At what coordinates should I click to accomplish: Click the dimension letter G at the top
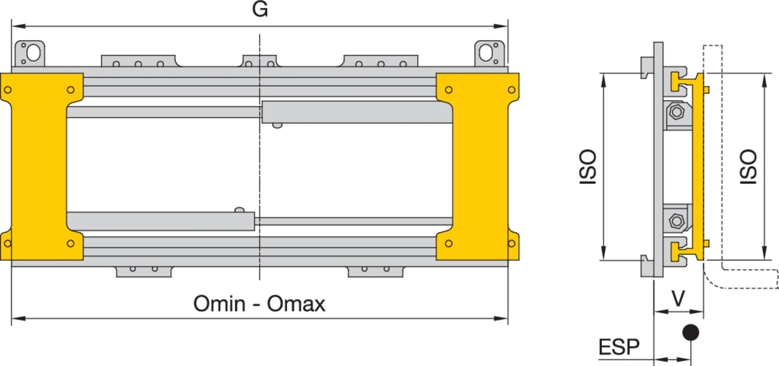pos(260,9)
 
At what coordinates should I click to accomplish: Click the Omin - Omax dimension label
pos(259,304)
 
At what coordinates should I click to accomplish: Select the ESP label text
pos(619,347)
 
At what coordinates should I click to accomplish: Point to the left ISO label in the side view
pos(588,167)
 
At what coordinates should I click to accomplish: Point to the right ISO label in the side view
pos(748,167)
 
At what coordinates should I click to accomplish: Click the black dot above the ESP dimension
pos(691,332)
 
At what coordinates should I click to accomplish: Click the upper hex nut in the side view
pos(676,112)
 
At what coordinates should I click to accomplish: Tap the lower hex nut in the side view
pos(676,221)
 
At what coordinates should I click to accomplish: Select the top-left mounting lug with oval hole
pos(30,54)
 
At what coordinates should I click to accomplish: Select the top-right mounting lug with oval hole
pos(490,54)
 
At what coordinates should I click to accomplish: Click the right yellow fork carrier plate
pos(478,167)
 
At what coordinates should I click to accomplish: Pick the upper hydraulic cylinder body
pos(357,112)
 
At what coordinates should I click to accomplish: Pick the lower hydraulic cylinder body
pos(160,221)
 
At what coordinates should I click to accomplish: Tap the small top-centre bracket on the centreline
pos(260,61)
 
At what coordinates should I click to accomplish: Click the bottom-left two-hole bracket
pos(144,271)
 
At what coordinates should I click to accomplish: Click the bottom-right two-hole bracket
pos(375,271)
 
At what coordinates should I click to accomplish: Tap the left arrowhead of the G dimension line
pos(18,26)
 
